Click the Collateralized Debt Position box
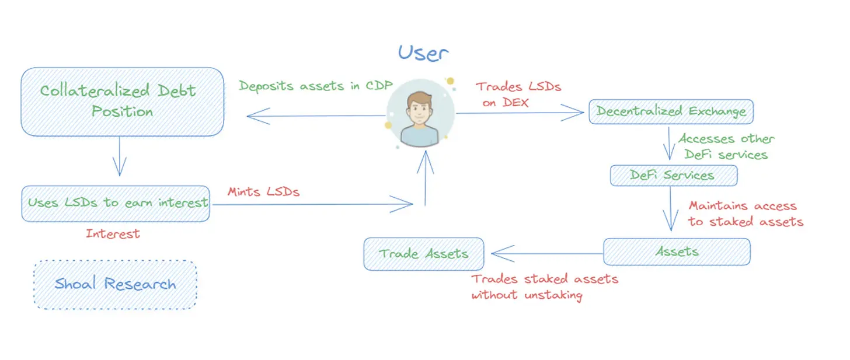tap(123, 102)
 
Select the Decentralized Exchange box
tap(671, 111)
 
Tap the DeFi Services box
tap(673, 175)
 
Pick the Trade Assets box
tap(423, 254)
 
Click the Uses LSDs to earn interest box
tap(116, 203)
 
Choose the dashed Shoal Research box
tap(115, 284)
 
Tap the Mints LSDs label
tap(263, 191)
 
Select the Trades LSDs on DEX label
tap(517, 95)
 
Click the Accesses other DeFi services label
tap(726, 146)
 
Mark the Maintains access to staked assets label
tap(746, 214)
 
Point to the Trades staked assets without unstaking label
tap(544, 286)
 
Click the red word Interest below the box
tap(113, 234)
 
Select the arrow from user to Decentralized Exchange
tap(520, 114)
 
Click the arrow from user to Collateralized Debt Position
tap(315, 116)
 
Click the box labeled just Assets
tap(677, 252)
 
